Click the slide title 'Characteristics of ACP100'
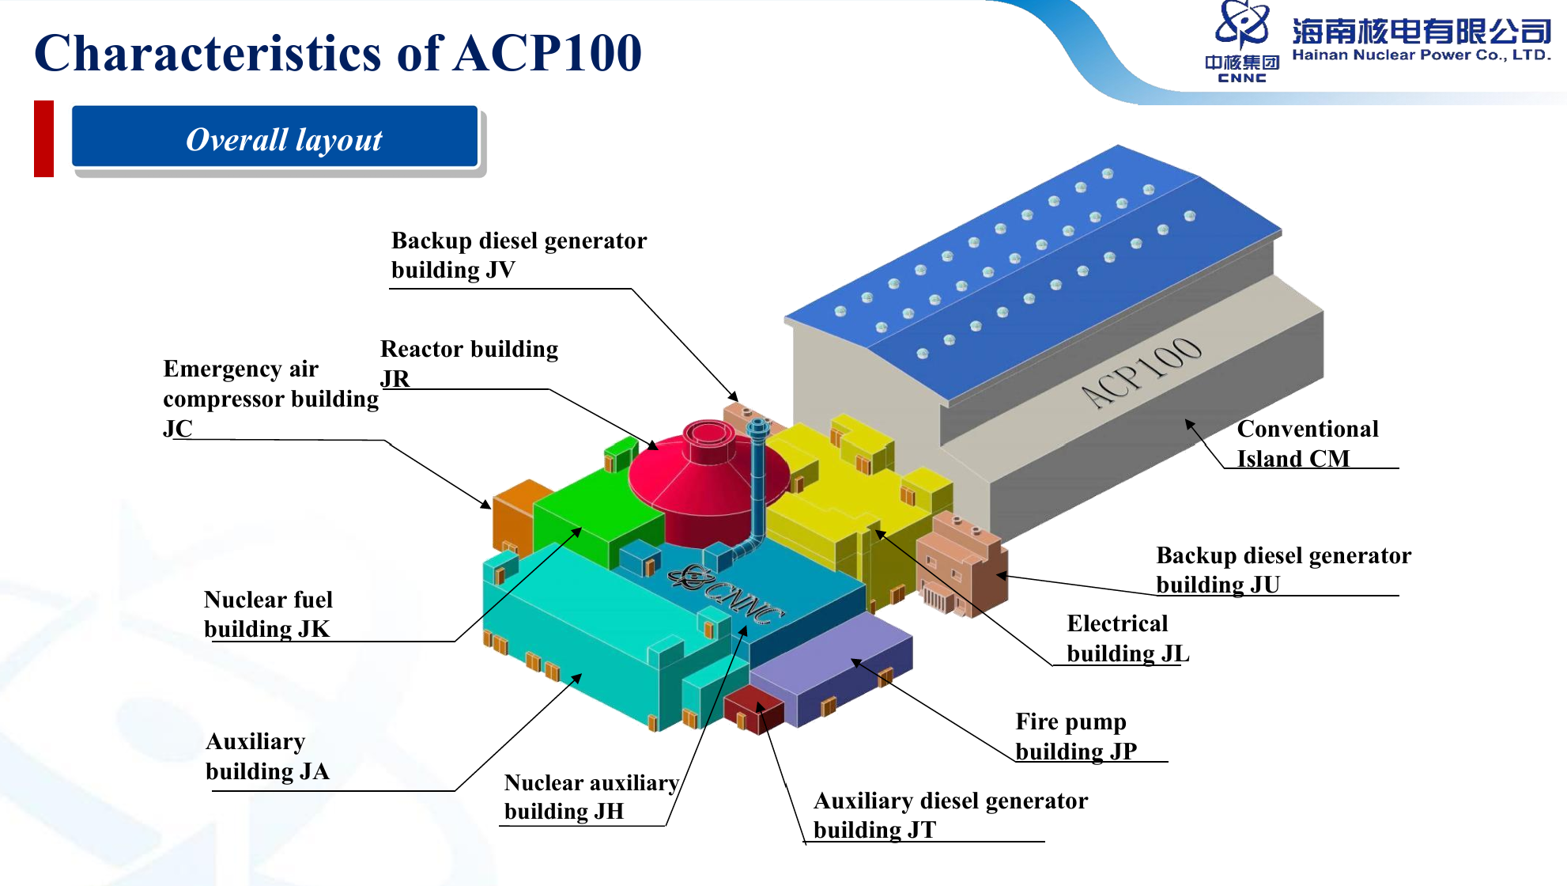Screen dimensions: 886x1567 pos(338,53)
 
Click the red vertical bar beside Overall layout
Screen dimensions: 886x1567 pos(43,138)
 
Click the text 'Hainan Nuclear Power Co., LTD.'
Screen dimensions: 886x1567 pos(1421,55)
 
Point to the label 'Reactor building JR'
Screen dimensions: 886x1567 pos(468,363)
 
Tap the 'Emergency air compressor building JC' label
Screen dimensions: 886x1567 pos(270,398)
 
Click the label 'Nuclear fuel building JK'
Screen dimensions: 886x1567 pos(268,614)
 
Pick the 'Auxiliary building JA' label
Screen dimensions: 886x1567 pos(266,756)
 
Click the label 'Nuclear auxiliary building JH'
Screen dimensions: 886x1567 pos(591,797)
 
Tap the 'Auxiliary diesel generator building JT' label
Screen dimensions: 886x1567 pos(950,815)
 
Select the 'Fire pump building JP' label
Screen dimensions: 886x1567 pos(1075,736)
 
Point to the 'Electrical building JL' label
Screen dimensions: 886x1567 pos(1127,638)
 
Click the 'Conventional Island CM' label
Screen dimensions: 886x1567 pos(1307,444)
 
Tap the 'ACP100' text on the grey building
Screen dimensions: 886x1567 pos(1142,371)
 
